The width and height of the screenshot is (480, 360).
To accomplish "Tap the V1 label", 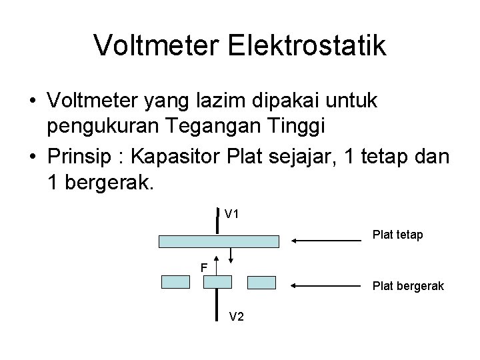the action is point(233,215).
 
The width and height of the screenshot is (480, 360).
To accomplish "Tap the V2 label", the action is point(237,317).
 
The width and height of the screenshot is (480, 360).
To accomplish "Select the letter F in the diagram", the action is point(205,268).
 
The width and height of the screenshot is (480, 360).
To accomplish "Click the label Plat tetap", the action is point(397,235).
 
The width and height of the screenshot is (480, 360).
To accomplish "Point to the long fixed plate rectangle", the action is point(219,241).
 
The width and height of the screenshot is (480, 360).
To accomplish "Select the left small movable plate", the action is point(176,282).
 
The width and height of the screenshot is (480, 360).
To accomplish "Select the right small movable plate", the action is point(261,282).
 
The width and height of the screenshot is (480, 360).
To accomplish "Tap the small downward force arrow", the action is point(231,257).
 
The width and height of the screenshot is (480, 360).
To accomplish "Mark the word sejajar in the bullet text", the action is point(302,159).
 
